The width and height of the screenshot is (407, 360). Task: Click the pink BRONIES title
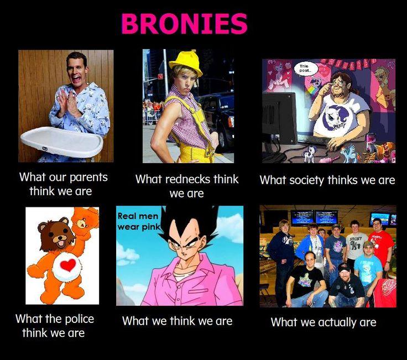click(184, 24)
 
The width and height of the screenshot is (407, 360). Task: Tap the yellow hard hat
click(185, 63)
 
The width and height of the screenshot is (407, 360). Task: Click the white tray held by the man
click(61, 142)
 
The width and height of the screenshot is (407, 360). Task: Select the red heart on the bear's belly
click(67, 265)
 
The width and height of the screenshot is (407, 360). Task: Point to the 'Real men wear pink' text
click(138, 221)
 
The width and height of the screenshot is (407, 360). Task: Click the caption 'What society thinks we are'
click(327, 180)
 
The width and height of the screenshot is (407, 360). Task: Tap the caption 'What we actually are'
click(323, 322)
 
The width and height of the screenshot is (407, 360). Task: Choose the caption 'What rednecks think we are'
click(187, 186)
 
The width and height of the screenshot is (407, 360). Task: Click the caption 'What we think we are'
click(177, 321)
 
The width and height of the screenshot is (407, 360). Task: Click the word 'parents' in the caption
click(84, 178)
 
